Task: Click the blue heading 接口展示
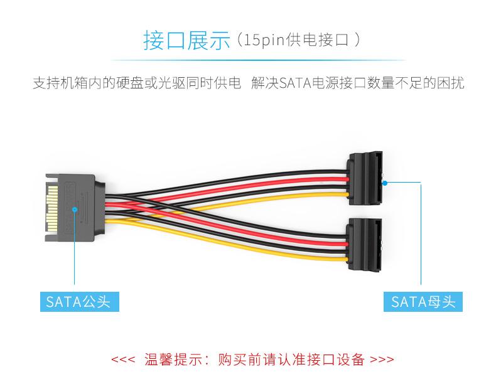186,40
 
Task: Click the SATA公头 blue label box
80,302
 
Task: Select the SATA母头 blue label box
423,302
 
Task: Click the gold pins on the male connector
52,208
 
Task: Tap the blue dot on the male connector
75,209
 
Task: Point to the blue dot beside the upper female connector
385,183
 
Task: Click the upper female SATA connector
364,178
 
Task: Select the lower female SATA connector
364,244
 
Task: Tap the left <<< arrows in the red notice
123,360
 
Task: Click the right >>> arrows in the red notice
382,360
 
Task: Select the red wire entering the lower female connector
316,242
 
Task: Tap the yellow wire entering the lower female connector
316,257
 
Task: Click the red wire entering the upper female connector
316,181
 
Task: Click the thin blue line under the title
258,60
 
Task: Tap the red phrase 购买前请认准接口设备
291,360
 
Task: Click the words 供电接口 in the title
317,40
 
